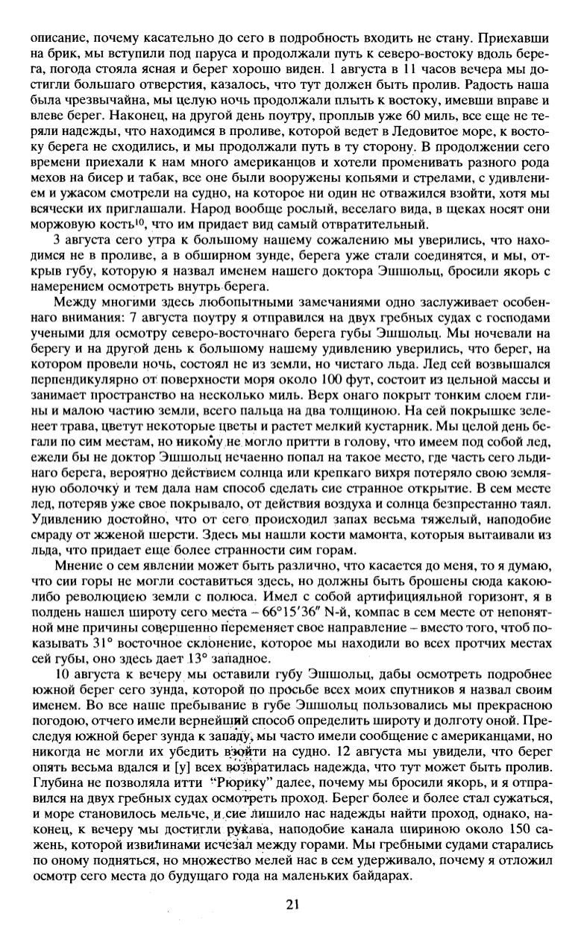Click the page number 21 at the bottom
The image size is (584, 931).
pyautogui.click(x=292, y=905)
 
